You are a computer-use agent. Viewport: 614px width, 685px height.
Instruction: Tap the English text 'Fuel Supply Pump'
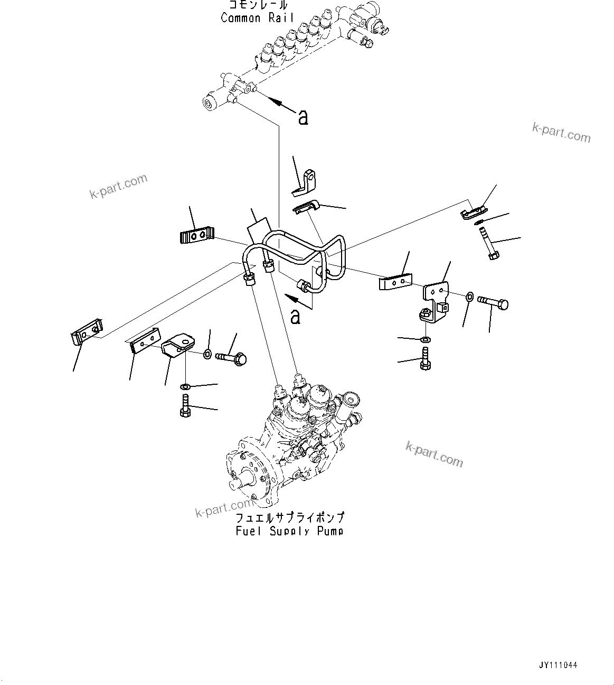click(x=289, y=531)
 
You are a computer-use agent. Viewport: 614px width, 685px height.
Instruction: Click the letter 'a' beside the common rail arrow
click(x=303, y=117)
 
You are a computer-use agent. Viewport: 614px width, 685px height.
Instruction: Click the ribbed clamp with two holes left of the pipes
click(x=196, y=235)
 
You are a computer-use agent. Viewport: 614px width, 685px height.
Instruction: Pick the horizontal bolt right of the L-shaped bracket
click(x=494, y=303)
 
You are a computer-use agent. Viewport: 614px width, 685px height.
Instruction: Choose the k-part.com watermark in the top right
click(x=561, y=132)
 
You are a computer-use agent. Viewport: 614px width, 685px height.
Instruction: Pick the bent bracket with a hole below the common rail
click(x=307, y=180)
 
